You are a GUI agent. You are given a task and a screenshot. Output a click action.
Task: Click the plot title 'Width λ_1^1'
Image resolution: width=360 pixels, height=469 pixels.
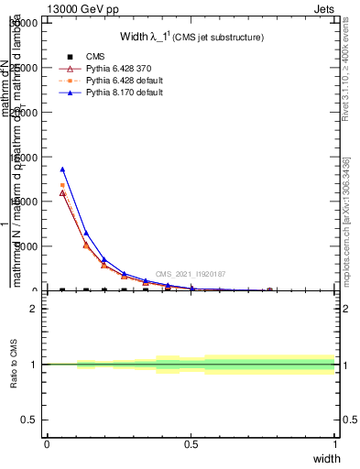192,38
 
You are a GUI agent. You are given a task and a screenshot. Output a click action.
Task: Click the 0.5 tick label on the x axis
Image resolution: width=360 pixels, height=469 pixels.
191,444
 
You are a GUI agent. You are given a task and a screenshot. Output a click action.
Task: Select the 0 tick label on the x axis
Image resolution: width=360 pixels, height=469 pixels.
47,444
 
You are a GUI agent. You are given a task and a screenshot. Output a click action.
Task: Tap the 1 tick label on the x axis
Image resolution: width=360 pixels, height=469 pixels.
335,444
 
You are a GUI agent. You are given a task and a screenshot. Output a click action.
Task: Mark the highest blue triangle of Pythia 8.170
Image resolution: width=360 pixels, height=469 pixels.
62,169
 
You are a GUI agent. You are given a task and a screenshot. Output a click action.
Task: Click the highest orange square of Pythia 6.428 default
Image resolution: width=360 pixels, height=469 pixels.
62,185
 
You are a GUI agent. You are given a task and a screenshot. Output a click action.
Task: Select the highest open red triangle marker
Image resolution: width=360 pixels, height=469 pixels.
62,192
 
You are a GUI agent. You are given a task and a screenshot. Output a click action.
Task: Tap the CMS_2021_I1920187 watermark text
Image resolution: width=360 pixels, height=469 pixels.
191,274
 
